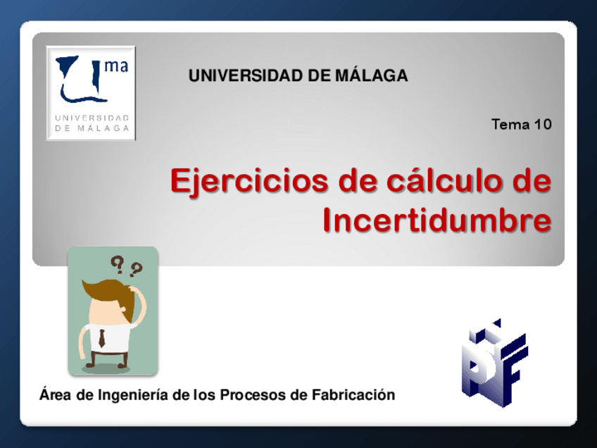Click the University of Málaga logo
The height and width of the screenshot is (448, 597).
coord(91,93)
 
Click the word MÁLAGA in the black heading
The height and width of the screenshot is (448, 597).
coord(372,75)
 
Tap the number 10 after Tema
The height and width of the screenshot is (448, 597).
coord(543,125)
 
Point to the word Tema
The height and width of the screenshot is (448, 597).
coord(510,125)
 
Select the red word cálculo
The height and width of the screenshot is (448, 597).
coord(444,180)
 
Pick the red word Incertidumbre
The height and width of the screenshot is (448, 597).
coord(437,220)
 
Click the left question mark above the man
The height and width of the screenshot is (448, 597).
coord(118,265)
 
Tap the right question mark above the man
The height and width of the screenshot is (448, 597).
coord(135,269)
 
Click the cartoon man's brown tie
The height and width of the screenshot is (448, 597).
coord(101,338)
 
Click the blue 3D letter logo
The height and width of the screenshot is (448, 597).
coord(495,363)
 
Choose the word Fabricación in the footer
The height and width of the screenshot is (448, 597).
coord(353,394)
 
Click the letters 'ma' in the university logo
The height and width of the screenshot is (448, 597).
coord(116,66)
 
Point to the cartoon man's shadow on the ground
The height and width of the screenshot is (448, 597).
coord(106,368)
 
